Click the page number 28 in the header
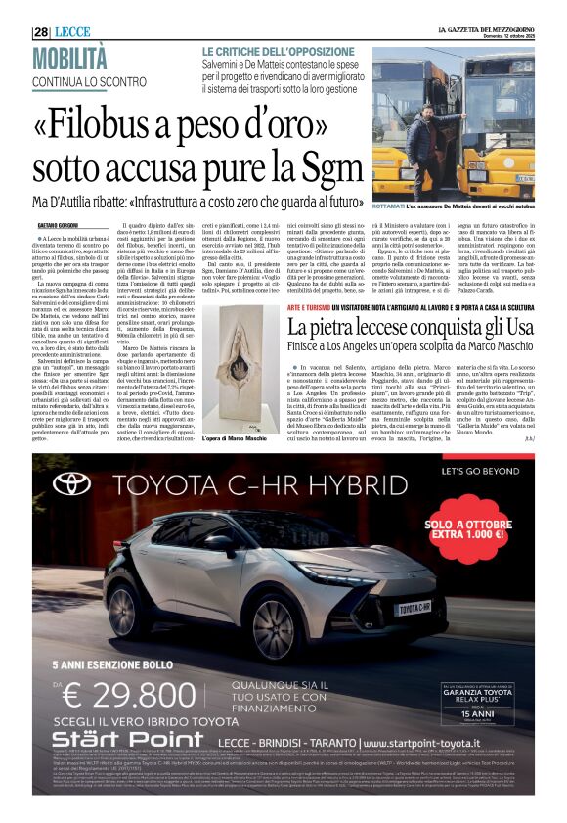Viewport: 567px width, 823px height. (x=40, y=31)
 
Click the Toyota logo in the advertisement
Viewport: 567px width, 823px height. (x=71, y=483)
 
